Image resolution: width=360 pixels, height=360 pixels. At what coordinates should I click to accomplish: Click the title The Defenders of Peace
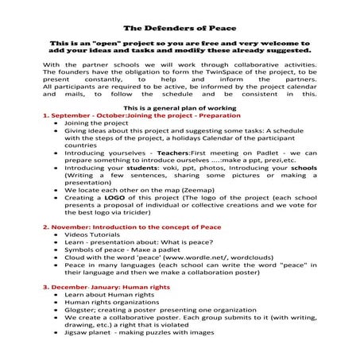click(180, 26)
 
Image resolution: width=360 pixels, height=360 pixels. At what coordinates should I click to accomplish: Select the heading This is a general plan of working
click(180, 106)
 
